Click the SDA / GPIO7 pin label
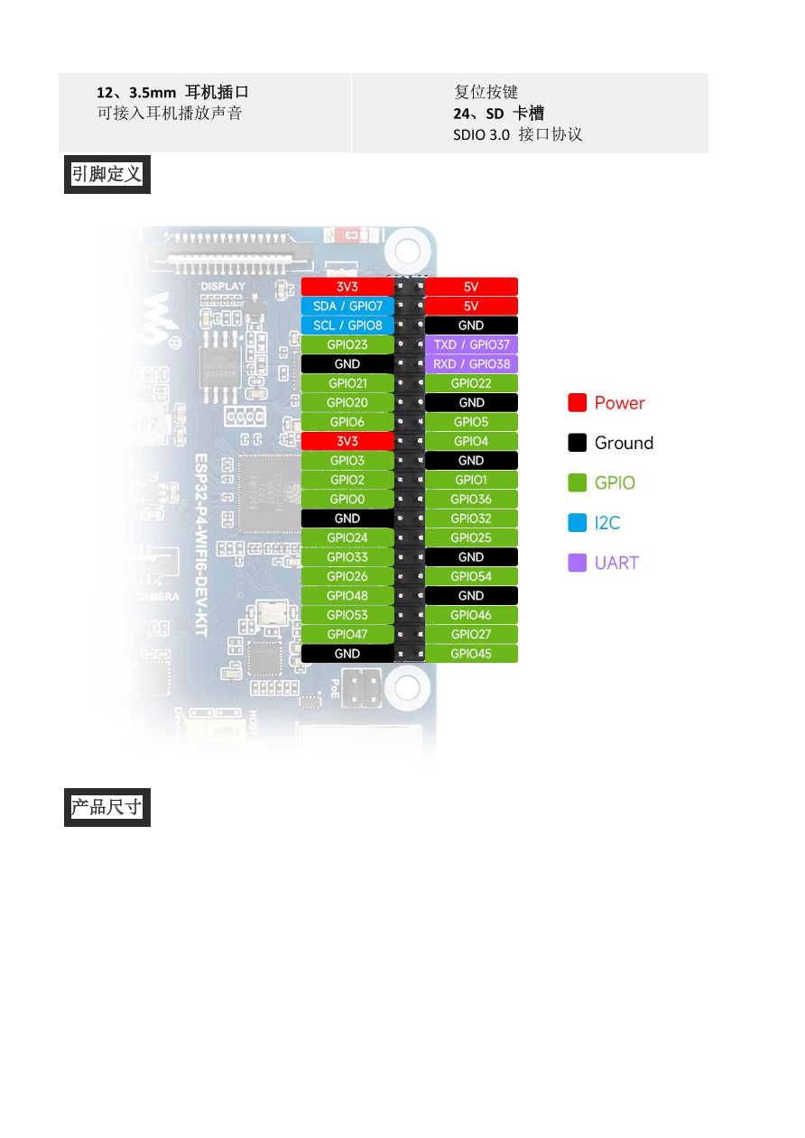[347, 306]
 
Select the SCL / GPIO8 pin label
[347, 326]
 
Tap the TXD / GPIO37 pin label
[471, 344]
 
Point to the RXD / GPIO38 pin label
[471, 364]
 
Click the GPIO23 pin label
[347, 344]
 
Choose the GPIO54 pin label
[471, 576]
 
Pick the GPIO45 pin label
[471, 654]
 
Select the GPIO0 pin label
[347, 499]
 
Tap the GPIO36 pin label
[471, 499]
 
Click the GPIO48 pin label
[347, 596]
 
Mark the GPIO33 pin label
[347, 557]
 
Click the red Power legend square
[578, 403]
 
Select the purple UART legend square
[578, 563]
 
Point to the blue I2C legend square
[578, 523]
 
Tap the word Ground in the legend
[624, 443]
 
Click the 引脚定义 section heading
[106, 174]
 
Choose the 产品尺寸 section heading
[106, 807]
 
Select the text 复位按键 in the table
[486, 92]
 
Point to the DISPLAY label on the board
[223, 287]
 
